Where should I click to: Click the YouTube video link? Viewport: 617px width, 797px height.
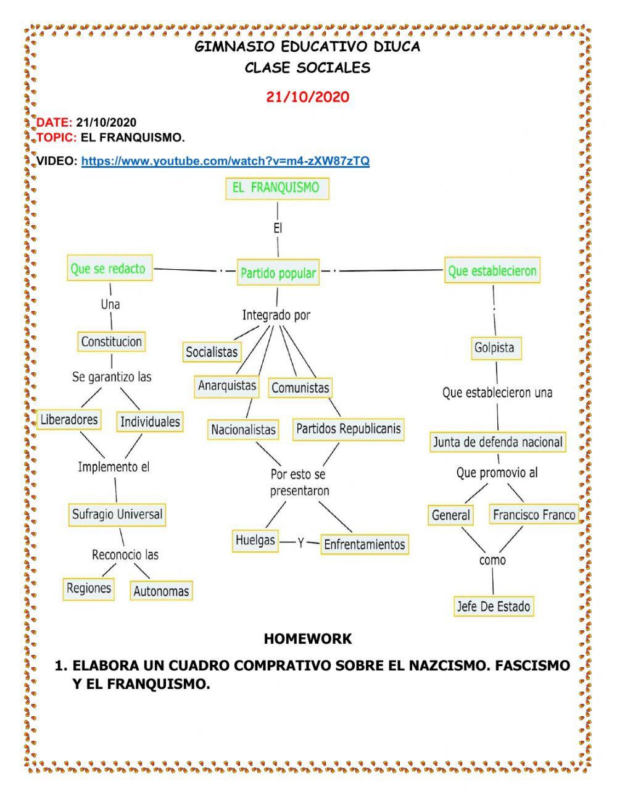225,161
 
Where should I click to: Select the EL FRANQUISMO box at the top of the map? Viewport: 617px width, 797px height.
276,188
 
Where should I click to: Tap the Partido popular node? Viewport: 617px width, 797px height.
278,273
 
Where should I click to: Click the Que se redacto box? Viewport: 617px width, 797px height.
109,269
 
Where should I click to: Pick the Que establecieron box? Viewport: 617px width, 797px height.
492,271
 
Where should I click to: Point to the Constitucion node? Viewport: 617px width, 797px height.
112,341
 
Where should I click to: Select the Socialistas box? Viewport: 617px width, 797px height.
212,352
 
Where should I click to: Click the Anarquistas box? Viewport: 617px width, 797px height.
227,386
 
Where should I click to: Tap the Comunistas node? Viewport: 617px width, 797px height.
300,388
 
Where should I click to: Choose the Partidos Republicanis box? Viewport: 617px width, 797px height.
349,428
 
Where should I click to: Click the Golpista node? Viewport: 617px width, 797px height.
494,348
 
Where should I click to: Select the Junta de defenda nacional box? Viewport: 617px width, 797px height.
497,442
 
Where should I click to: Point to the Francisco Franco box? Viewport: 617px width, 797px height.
534,515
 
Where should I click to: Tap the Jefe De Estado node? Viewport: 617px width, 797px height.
494,606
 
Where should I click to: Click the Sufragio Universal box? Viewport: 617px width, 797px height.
117,514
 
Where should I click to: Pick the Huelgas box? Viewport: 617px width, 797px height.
255,540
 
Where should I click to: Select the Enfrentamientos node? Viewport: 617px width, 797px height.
364,545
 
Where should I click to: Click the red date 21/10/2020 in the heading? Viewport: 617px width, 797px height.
307,97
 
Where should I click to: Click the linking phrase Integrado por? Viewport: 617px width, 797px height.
276,315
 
